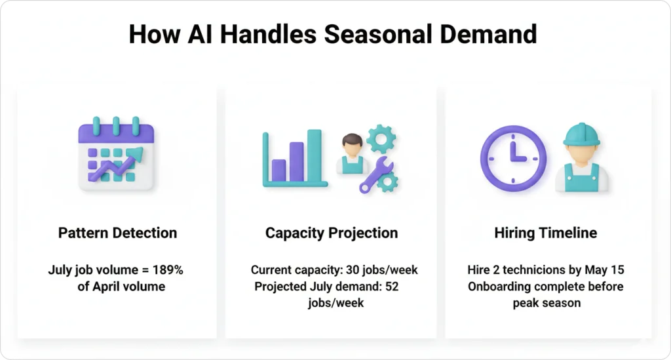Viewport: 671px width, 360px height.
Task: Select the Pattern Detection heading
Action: tap(117, 233)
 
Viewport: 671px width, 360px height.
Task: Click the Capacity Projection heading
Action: tap(332, 233)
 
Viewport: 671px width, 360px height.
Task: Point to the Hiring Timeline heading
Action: tap(546, 233)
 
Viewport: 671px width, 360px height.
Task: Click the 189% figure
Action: tap(165, 270)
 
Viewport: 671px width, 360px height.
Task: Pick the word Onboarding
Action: tap(496, 287)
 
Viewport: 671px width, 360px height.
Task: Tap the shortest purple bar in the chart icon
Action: tap(278, 169)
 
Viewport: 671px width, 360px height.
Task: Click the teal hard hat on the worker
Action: tap(582, 134)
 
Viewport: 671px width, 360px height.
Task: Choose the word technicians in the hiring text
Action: tap(529, 270)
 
